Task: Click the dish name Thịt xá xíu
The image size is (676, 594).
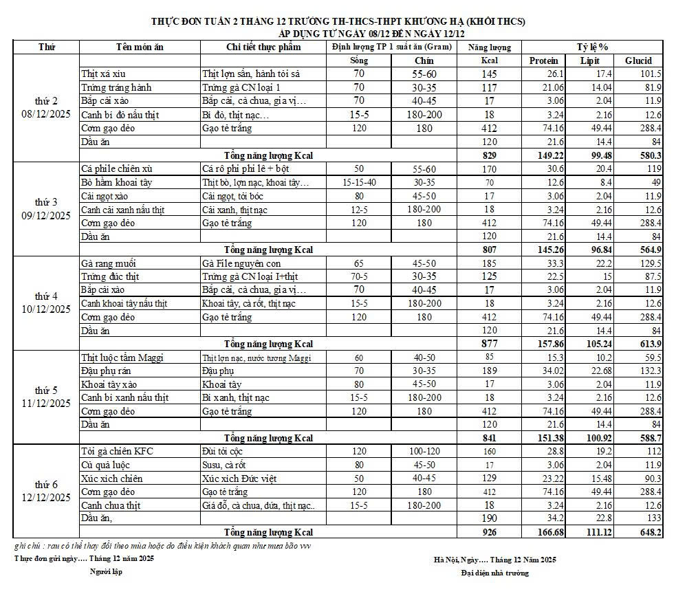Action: click(x=103, y=74)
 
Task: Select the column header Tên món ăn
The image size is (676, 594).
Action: click(x=140, y=47)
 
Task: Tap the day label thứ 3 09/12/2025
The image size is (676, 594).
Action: click(x=46, y=209)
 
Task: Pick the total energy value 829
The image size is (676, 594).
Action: click(x=489, y=155)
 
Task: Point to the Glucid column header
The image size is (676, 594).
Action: click(x=638, y=60)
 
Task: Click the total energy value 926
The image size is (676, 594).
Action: click(x=489, y=532)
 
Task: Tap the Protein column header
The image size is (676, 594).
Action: click(x=543, y=60)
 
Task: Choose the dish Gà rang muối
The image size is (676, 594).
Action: click(x=108, y=263)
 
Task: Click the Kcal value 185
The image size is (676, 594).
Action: click(x=489, y=263)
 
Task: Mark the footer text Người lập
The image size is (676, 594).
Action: click(x=106, y=572)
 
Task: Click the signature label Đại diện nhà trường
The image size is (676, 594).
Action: click(x=495, y=573)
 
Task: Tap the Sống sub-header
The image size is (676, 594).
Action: click(x=359, y=60)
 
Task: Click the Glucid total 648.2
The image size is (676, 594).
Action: click(x=649, y=532)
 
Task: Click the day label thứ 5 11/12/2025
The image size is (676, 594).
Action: click(x=46, y=397)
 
